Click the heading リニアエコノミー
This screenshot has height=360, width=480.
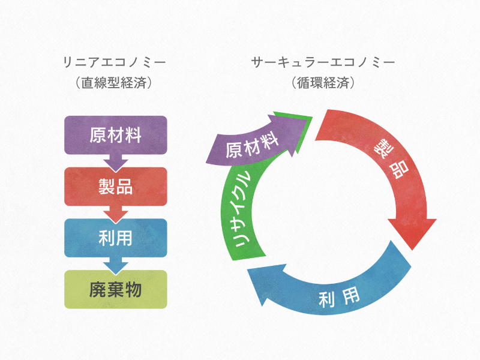pos(115,62)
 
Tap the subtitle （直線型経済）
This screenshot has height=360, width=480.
pos(115,83)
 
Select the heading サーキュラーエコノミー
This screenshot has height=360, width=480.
pos(323,62)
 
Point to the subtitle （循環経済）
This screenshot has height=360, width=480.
pos(323,83)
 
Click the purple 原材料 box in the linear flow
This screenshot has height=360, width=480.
pos(115,135)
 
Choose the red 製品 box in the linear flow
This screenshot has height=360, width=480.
pos(115,187)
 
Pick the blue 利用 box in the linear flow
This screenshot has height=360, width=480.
pos(115,238)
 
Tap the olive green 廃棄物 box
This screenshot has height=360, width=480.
pos(115,290)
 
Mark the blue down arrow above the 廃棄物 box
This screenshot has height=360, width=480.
pos(115,265)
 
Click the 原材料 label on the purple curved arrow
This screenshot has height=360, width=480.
pos(253,145)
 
